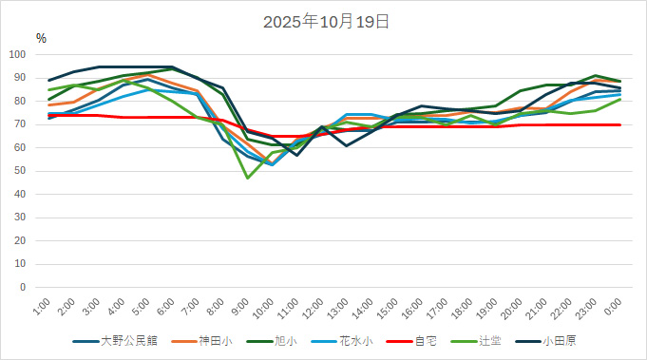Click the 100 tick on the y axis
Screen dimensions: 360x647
tap(18, 54)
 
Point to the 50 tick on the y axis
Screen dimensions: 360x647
tap(21, 171)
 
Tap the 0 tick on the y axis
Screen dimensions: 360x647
tap(25, 287)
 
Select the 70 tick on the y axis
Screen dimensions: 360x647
tap(21, 124)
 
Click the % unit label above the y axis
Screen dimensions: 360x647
tap(41, 38)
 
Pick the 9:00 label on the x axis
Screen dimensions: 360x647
tap(239, 307)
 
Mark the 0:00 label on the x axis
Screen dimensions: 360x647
tap(612, 307)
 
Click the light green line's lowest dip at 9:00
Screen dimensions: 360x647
tap(247, 178)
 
